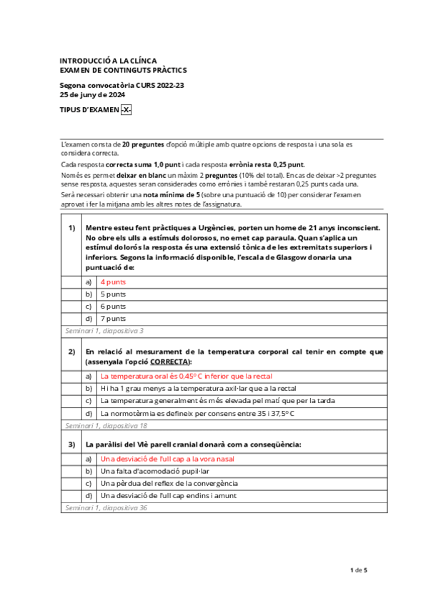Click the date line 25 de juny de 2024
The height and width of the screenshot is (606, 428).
pyautogui.click(x=91, y=94)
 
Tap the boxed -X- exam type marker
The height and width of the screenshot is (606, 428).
pyautogui.click(x=126, y=110)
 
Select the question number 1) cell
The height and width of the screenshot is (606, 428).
pyautogui.click(x=71, y=228)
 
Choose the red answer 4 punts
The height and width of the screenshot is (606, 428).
pyautogui.click(x=113, y=282)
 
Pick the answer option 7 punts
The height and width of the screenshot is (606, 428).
pyautogui.click(x=113, y=318)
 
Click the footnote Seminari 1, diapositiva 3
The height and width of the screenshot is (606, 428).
pyautogui.click(x=103, y=331)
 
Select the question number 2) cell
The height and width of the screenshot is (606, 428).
pyautogui.click(x=71, y=352)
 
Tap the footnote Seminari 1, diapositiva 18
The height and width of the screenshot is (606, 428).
pyautogui.click(x=105, y=425)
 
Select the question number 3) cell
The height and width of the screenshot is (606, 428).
pyautogui.click(x=71, y=444)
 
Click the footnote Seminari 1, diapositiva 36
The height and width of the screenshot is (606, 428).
pyautogui.click(x=105, y=507)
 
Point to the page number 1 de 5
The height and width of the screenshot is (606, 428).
pyautogui.click(x=358, y=570)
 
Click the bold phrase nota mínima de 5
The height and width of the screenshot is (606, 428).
pyautogui.click(x=170, y=194)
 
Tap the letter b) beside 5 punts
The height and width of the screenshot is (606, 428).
pyautogui.click(x=89, y=294)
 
